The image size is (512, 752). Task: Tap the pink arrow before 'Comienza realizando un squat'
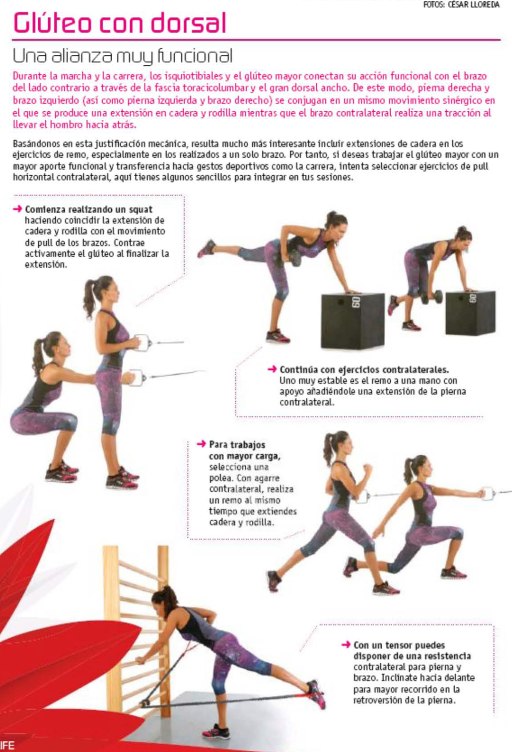pyautogui.click(x=17, y=209)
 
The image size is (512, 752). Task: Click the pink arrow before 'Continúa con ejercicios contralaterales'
pyautogui.click(x=272, y=369)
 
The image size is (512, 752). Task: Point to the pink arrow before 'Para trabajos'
pyautogui.click(x=202, y=444)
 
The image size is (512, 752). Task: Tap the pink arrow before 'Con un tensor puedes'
pyautogui.click(x=346, y=645)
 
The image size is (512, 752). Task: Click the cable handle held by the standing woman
pyautogui.click(x=141, y=343)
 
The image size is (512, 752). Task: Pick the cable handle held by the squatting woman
pyautogui.click(x=137, y=377)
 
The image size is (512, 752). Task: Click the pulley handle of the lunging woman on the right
pyautogui.click(x=488, y=493)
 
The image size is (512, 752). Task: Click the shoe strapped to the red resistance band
pyautogui.click(x=315, y=694)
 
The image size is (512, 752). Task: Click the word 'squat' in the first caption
pyautogui.click(x=140, y=210)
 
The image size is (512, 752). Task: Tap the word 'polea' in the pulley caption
pyautogui.click(x=221, y=478)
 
